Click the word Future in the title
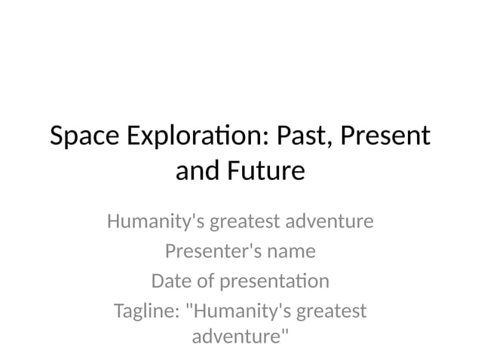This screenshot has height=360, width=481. pos(264,172)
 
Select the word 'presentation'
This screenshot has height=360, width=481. pos(274,281)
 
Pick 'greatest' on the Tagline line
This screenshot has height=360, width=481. pos(332,310)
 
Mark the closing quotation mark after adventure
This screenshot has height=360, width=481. pos(284,332)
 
